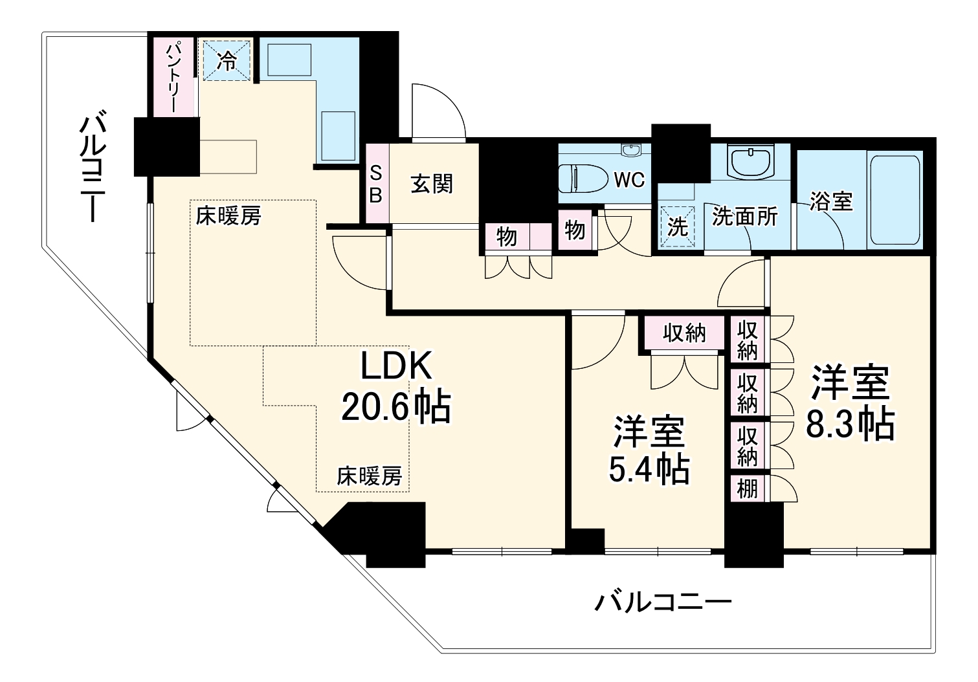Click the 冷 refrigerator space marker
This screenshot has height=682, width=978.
pyautogui.click(x=227, y=60)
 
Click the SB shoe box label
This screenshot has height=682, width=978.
pyautogui.click(x=376, y=184)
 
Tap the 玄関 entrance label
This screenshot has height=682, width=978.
pyautogui.click(x=432, y=184)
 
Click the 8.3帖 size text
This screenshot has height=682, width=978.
pyautogui.click(x=850, y=425)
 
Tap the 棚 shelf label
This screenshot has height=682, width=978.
pyautogui.click(x=748, y=488)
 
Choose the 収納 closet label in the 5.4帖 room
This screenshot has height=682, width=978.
pyautogui.click(x=683, y=333)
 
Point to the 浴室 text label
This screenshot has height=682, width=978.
pyautogui.click(x=831, y=201)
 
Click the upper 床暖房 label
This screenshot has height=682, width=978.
pyautogui.click(x=228, y=215)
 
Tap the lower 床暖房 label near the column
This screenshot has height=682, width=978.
pyautogui.click(x=369, y=476)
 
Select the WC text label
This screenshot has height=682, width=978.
pyautogui.click(x=629, y=179)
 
